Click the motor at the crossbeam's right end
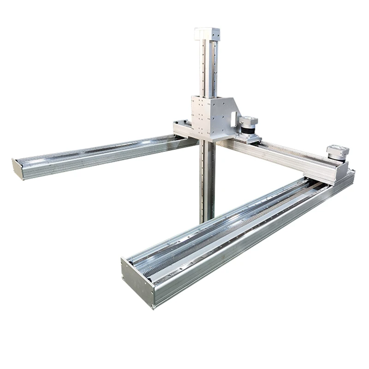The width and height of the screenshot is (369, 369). tap(337, 153)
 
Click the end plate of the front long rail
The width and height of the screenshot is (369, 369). tap(137, 282)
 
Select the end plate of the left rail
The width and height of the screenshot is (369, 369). tap(17, 169)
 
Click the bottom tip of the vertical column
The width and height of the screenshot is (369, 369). tap(207, 220)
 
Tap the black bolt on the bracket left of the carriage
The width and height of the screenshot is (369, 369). tap(186, 123)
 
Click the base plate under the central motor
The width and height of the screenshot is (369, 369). tap(249, 139)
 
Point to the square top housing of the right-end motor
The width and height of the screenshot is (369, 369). tap(337, 150)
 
